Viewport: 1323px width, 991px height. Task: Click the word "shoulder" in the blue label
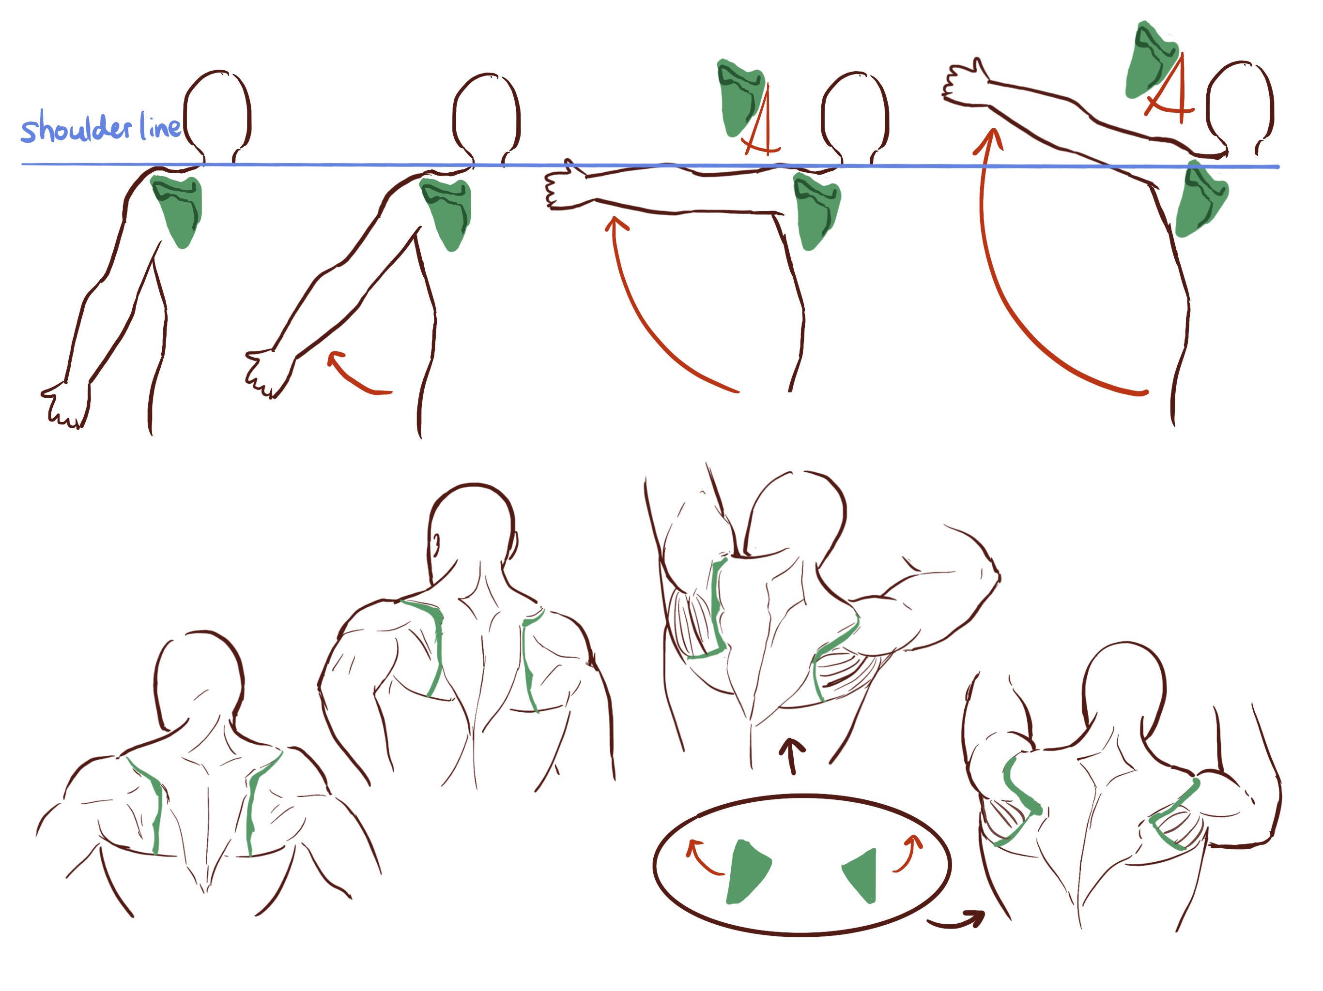click(76, 126)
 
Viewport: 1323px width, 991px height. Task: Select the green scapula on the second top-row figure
click(447, 212)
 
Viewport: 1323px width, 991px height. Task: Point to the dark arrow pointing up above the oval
click(793, 757)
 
